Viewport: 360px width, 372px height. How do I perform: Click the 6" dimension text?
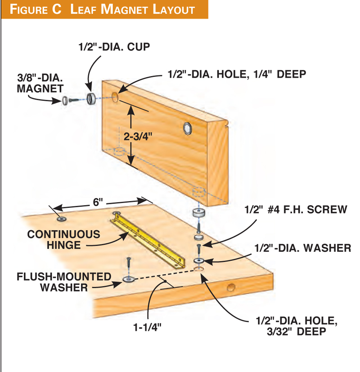tap(98, 202)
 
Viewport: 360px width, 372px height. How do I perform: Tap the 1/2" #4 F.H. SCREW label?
tap(295, 210)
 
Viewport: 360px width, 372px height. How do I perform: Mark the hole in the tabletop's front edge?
tap(230, 288)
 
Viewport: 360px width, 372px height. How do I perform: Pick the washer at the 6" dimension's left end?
tap(61, 219)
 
